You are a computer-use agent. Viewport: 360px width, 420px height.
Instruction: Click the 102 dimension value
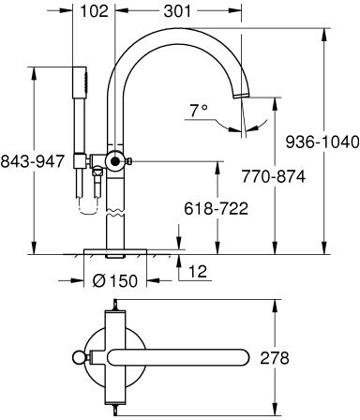coord(94,11)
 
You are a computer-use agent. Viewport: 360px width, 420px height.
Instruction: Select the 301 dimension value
coord(177,11)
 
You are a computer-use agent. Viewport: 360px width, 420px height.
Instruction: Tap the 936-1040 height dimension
coord(322,142)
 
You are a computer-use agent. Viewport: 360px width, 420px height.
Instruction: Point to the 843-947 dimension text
coord(32,161)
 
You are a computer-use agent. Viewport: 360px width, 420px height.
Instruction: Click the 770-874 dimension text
coord(273,177)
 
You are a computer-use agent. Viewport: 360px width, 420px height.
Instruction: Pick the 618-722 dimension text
coord(216,208)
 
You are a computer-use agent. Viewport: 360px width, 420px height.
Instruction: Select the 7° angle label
coord(199,111)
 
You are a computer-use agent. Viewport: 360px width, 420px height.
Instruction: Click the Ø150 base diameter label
coord(115,280)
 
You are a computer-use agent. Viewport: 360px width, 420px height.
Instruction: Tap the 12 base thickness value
coord(198,271)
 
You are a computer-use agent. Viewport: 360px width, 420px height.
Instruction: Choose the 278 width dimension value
coord(275,358)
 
